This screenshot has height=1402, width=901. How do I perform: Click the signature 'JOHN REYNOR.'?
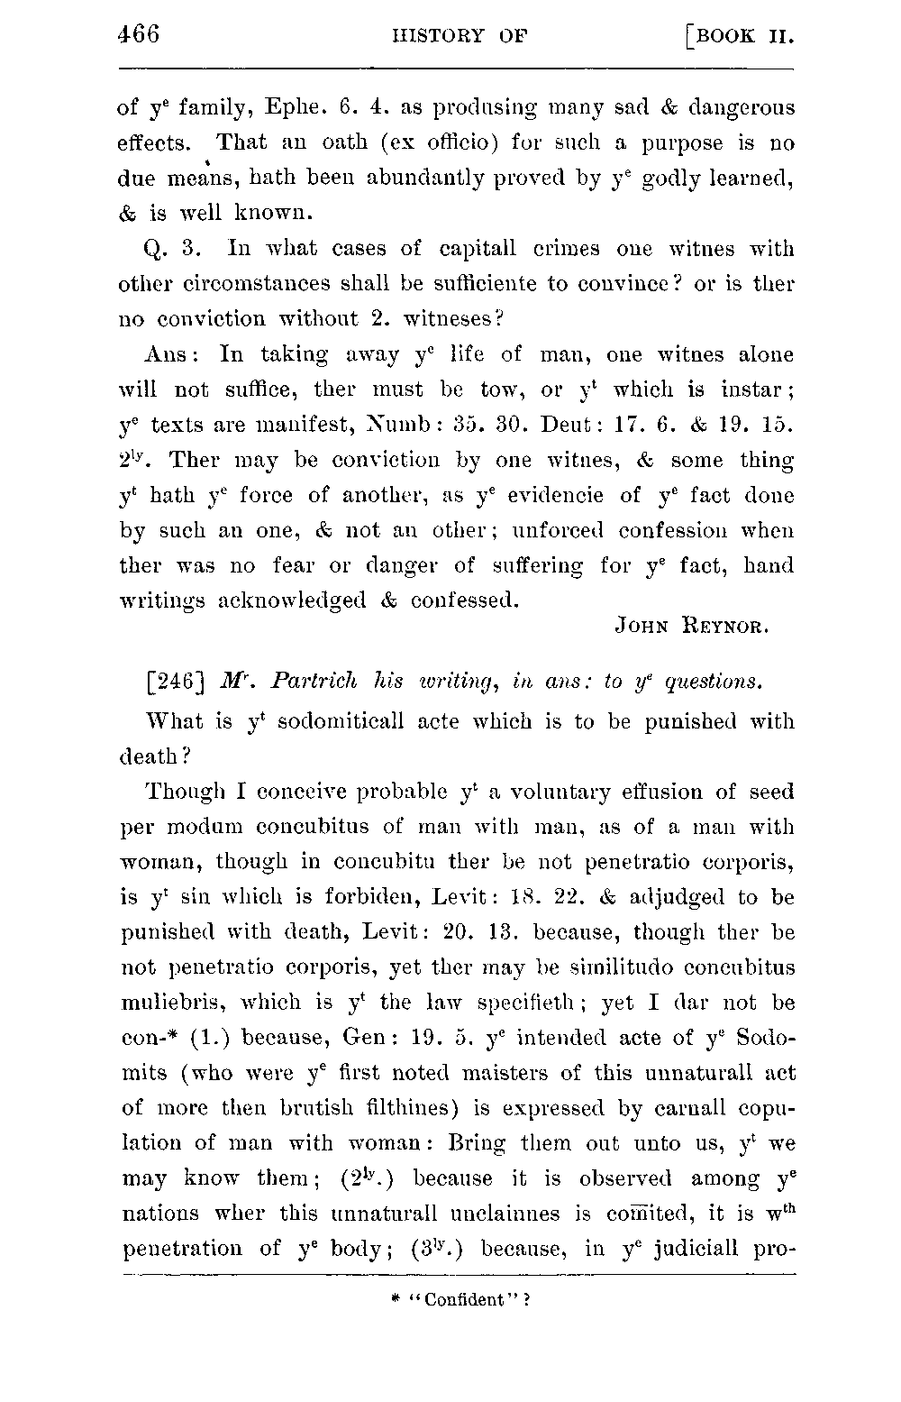[x=691, y=624]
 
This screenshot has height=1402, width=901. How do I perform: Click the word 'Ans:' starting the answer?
[x=167, y=354]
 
